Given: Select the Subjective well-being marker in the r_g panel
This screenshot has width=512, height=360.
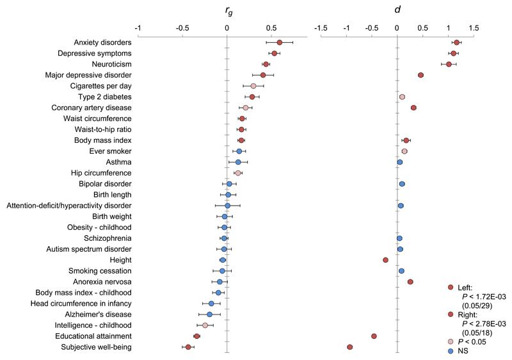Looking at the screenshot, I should (x=188, y=347).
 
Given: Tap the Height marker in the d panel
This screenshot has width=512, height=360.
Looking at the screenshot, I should (x=385, y=259).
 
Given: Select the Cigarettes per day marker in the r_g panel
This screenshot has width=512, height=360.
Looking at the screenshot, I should (x=253, y=86).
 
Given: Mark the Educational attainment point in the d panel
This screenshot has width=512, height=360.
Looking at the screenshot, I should (x=374, y=336).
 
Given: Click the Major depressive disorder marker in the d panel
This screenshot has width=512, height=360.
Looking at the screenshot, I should (x=420, y=75).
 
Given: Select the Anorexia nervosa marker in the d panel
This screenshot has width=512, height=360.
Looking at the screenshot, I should (x=410, y=281).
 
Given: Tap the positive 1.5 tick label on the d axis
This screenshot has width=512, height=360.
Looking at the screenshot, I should (x=474, y=28).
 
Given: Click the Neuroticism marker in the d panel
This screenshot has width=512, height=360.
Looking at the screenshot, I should (x=449, y=64).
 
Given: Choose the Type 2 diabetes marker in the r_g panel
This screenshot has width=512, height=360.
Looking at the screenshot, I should (x=252, y=97).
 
